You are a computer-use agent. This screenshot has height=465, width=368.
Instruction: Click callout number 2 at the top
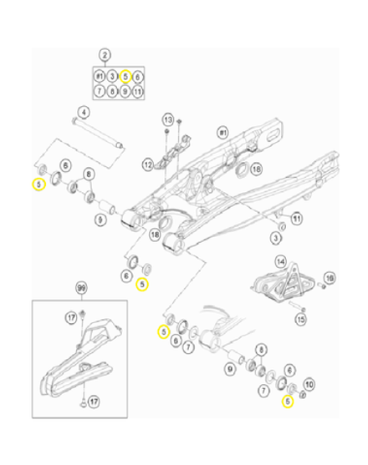[105, 55]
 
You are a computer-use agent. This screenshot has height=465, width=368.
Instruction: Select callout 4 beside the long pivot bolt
[84, 113]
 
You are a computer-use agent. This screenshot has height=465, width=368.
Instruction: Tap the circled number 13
[168, 120]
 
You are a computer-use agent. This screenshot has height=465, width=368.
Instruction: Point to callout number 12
[148, 164]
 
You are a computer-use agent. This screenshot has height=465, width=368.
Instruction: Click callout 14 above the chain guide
[281, 261]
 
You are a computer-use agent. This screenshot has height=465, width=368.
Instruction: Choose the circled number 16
[329, 278]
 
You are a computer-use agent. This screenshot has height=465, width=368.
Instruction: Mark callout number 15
[301, 320]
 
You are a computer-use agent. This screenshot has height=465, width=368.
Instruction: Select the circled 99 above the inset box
[81, 288]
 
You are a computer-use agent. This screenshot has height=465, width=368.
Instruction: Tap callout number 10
[309, 385]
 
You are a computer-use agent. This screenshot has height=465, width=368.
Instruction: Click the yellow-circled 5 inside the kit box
[125, 77]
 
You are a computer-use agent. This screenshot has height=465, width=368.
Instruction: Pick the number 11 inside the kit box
[137, 92]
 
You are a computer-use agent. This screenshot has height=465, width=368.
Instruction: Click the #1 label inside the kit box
[100, 76]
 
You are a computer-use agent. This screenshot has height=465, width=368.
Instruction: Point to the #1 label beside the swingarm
[222, 132]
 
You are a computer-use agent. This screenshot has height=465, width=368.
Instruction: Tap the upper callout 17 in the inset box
[71, 318]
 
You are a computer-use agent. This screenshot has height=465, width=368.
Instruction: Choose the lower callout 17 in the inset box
[94, 402]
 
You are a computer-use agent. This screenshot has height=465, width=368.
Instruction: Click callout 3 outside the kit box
[276, 238]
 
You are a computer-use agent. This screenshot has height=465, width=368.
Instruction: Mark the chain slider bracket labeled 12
[173, 152]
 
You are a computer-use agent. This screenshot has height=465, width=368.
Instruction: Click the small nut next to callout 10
[302, 395]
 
